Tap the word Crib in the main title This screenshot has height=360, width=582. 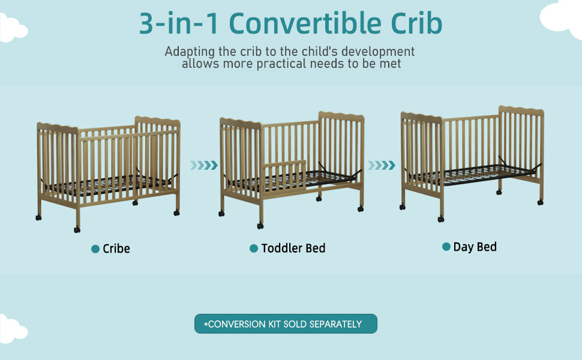416,23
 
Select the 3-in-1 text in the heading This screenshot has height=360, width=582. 179,23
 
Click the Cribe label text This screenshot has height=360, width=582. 116,248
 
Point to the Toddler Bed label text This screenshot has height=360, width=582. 293,248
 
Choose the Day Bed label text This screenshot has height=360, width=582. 475,247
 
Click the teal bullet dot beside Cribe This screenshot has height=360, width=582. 95,249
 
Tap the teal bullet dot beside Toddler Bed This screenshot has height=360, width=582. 254,248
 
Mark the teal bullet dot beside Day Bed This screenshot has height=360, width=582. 446,247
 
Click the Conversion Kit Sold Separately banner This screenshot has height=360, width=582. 286,323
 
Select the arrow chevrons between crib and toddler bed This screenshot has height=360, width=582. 204,165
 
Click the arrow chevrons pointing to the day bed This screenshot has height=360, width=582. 381,165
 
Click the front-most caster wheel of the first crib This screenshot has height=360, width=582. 77,230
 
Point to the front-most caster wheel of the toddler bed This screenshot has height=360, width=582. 260,226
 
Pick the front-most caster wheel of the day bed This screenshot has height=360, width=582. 440,220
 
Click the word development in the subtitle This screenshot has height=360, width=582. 378,52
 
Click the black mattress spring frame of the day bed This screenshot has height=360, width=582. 473,173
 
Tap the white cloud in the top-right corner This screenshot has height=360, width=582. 562,17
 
